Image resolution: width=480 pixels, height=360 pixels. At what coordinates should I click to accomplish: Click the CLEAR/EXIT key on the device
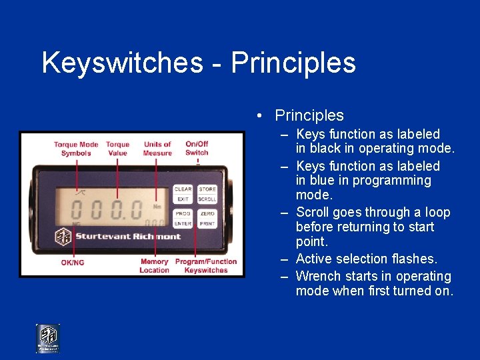(x=183, y=194)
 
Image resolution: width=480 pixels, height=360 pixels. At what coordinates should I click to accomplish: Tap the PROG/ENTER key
(x=183, y=219)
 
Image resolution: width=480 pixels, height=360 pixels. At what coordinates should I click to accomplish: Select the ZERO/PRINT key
(x=207, y=219)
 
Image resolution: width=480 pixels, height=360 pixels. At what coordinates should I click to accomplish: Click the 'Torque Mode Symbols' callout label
(x=76, y=149)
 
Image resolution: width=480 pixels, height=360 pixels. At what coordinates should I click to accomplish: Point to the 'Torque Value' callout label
(x=117, y=149)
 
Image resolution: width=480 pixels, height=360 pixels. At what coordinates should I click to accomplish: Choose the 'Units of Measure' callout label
(x=157, y=149)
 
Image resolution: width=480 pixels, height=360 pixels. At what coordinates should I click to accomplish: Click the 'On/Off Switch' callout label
(x=197, y=148)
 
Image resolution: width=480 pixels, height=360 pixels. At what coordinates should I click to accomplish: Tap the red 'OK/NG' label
(x=73, y=262)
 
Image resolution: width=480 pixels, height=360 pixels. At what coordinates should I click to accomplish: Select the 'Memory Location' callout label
(x=154, y=266)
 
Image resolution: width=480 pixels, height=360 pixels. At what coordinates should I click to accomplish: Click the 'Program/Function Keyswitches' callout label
(x=206, y=266)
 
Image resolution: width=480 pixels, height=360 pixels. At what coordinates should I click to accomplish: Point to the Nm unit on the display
(x=157, y=206)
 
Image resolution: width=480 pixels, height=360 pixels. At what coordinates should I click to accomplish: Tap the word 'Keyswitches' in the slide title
(x=121, y=63)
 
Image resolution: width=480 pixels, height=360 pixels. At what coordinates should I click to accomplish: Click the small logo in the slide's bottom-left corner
(x=47, y=338)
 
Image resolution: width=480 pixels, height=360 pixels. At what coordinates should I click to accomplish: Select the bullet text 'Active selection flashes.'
(x=366, y=259)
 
